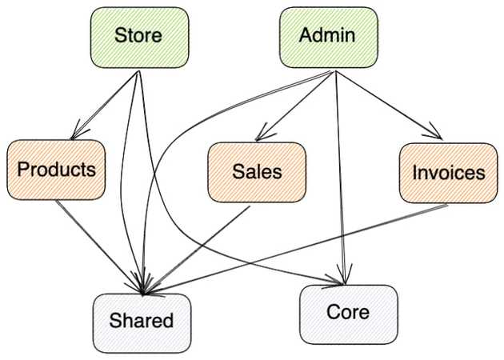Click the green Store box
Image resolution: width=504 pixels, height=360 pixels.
point(138,37)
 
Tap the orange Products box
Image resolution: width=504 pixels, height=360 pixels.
point(56,170)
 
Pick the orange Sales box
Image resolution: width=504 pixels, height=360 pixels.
point(257,171)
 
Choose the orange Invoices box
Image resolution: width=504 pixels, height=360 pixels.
point(448,173)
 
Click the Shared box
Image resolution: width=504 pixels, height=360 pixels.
point(142,322)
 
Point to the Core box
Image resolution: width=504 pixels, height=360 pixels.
point(348,312)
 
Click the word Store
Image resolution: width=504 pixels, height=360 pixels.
point(138,36)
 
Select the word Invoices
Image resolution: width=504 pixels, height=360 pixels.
point(448,173)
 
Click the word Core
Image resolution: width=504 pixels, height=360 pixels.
point(348,311)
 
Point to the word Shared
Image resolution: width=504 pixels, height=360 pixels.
point(142,322)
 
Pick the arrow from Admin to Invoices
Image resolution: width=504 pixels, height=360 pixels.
point(388,104)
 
